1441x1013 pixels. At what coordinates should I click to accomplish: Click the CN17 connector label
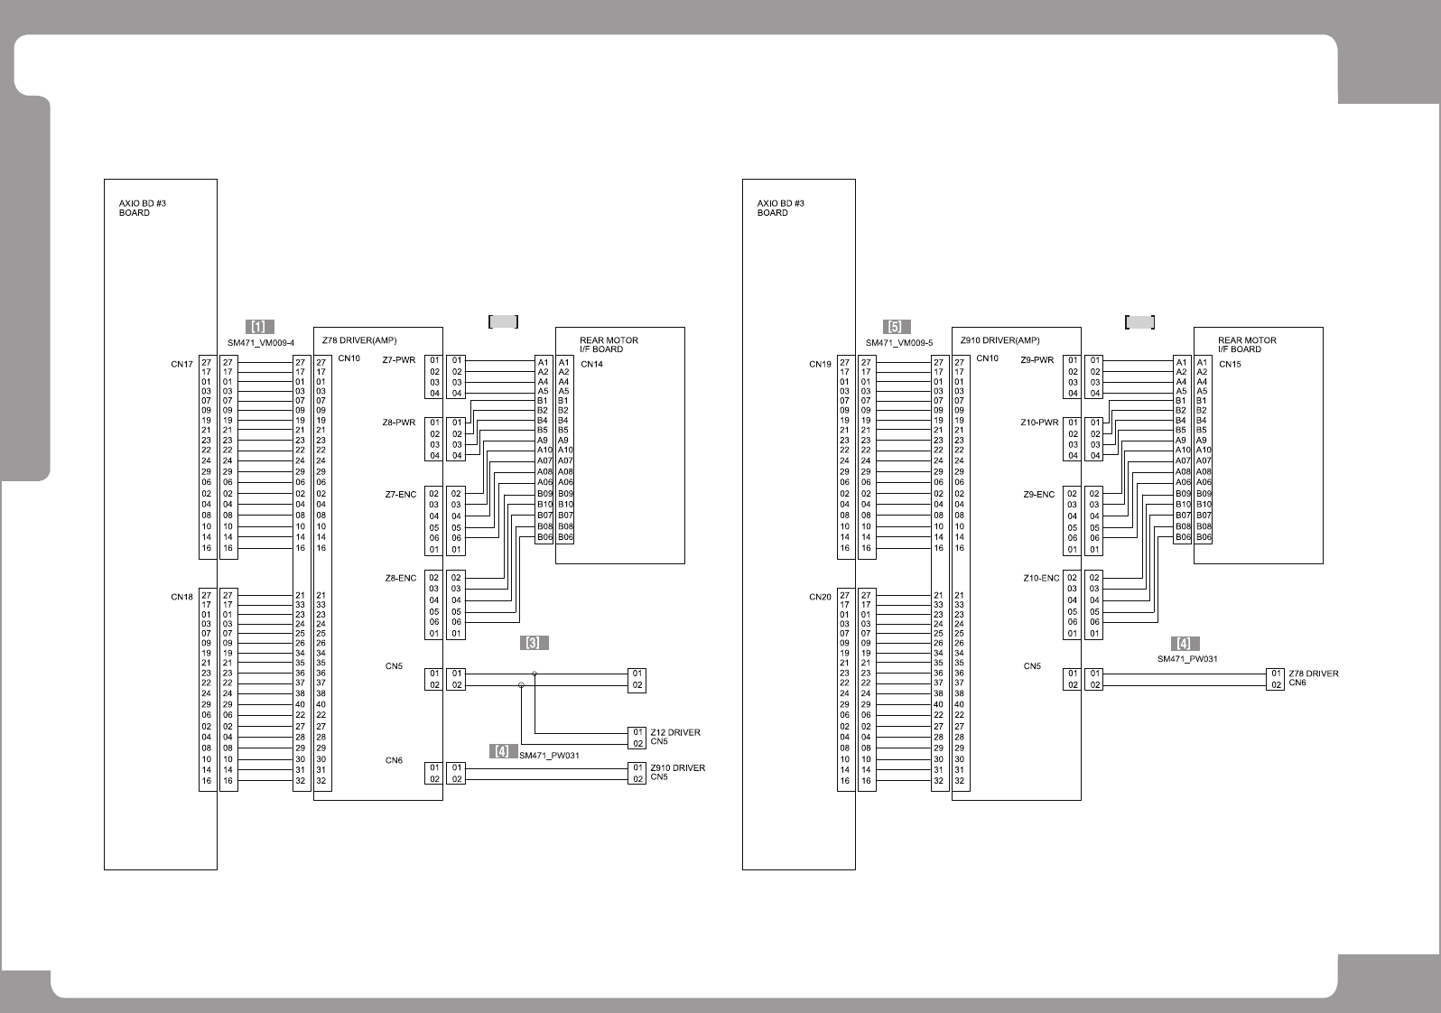point(181,365)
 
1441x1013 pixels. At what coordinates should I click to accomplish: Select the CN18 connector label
point(181,597)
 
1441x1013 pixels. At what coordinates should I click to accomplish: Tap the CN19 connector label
point(820,365)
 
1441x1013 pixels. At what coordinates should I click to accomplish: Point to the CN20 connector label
point(820,597)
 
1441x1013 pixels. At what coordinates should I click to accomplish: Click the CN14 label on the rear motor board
point(592,365)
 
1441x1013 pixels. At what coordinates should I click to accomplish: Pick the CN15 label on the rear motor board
point(1230,365)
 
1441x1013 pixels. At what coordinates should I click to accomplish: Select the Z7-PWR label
point(398,360)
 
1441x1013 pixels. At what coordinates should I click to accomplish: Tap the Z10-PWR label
point(1040,423)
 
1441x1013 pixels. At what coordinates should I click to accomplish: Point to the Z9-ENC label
point(1038,495)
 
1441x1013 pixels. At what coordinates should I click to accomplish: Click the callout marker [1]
point(259,327)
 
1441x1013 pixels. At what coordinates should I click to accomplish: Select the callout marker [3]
point(534,643)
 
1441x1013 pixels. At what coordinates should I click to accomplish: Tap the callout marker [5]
point(897,327)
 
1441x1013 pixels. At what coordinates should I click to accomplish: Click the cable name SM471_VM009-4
point(261,343)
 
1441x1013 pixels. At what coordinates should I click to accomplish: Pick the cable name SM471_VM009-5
point(899,343)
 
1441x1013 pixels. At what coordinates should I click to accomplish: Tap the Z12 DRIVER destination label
point(675,732)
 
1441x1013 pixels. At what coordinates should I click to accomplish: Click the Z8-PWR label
point(398,423)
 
